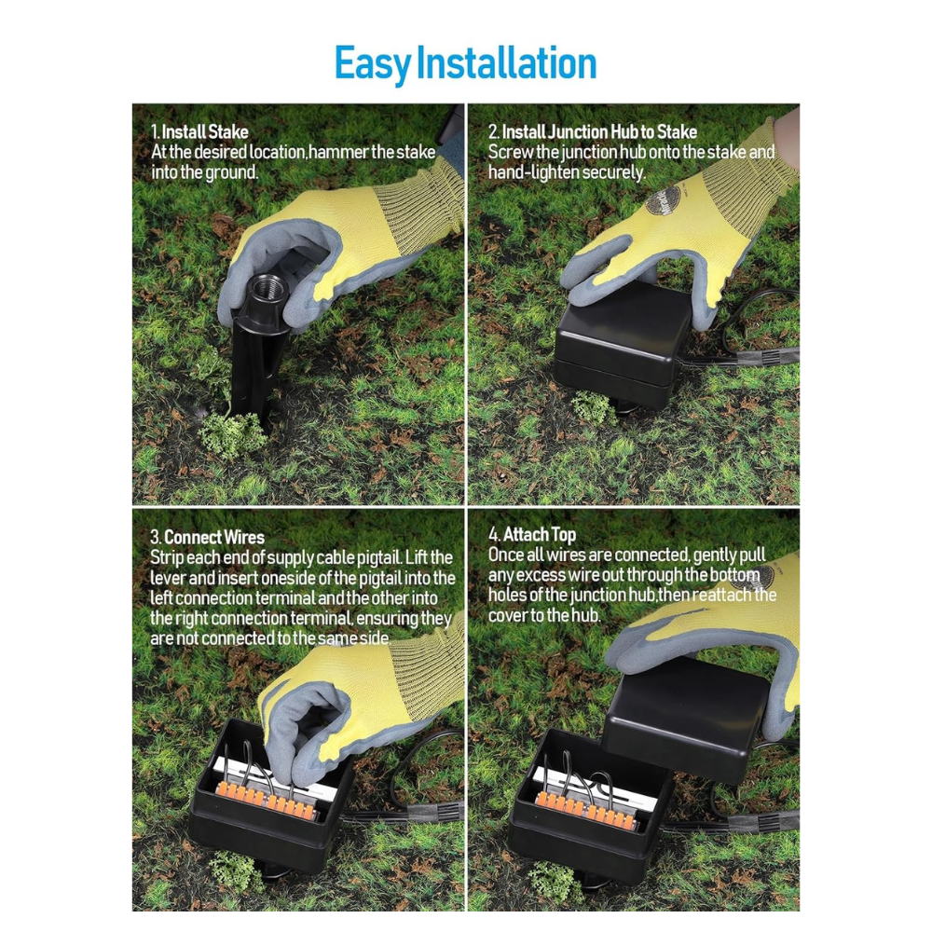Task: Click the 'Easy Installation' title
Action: point(465,63)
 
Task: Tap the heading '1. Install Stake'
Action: point(199,131)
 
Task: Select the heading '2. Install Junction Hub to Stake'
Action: point(593,131)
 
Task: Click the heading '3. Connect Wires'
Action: point(207,538)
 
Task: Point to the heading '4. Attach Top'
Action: point(532,535)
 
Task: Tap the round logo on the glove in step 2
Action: point(662,201)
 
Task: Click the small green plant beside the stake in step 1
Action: point(230,434)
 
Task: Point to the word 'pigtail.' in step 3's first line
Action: point(380,557)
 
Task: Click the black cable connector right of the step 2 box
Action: point(767,357)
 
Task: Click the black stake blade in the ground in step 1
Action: point(250,368)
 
